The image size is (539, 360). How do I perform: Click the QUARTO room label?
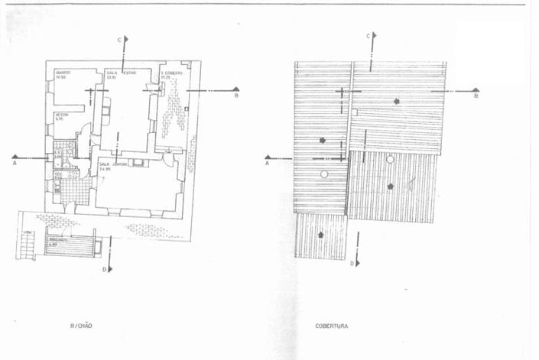pyautogui.click(x=61, y=75)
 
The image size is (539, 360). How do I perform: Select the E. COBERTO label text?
pyautogui.click(x=170, y=75)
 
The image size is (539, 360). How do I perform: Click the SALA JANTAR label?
pyautogui.click(x=109, y=165)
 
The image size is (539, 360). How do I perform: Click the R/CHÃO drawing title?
pyautogui.click(x=81, y=326)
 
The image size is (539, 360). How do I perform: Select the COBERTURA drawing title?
pyautogui.click(x=332, y=326)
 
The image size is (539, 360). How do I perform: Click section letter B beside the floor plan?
pyautogui.click(x=236, y=96)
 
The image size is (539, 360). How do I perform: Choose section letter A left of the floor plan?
pyautogui.click(x=15, y=163)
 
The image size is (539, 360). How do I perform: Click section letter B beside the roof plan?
pyautogui.click(x=476, y=96)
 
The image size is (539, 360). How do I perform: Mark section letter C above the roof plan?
pyautogui.click(x=369, y=36)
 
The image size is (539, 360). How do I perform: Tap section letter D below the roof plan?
pyautogui.click(x=352, y=264)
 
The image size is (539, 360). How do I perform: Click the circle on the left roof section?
pyautogui.click(x=324, y=175)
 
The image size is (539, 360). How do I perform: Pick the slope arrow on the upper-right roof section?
pyautogui.click(x=396, y=102)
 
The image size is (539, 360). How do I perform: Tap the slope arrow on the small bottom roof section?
pyautogui.click(x=320, y=234)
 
